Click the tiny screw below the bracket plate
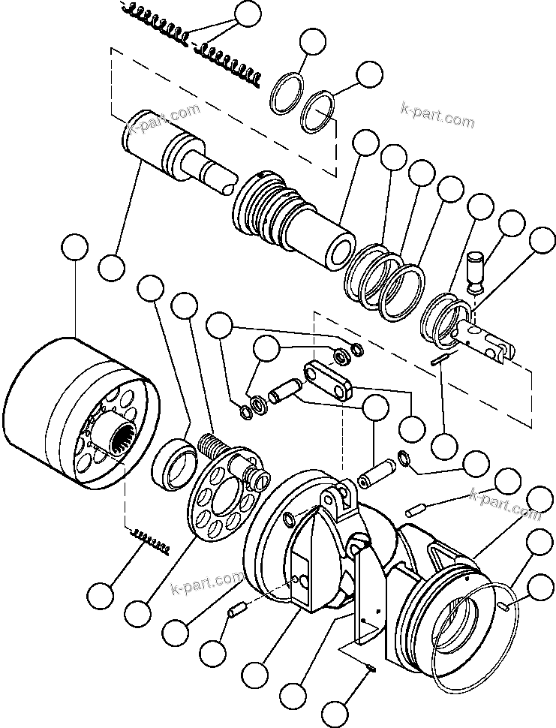[x=373, y=669]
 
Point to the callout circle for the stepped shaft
[x=111, y=266]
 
